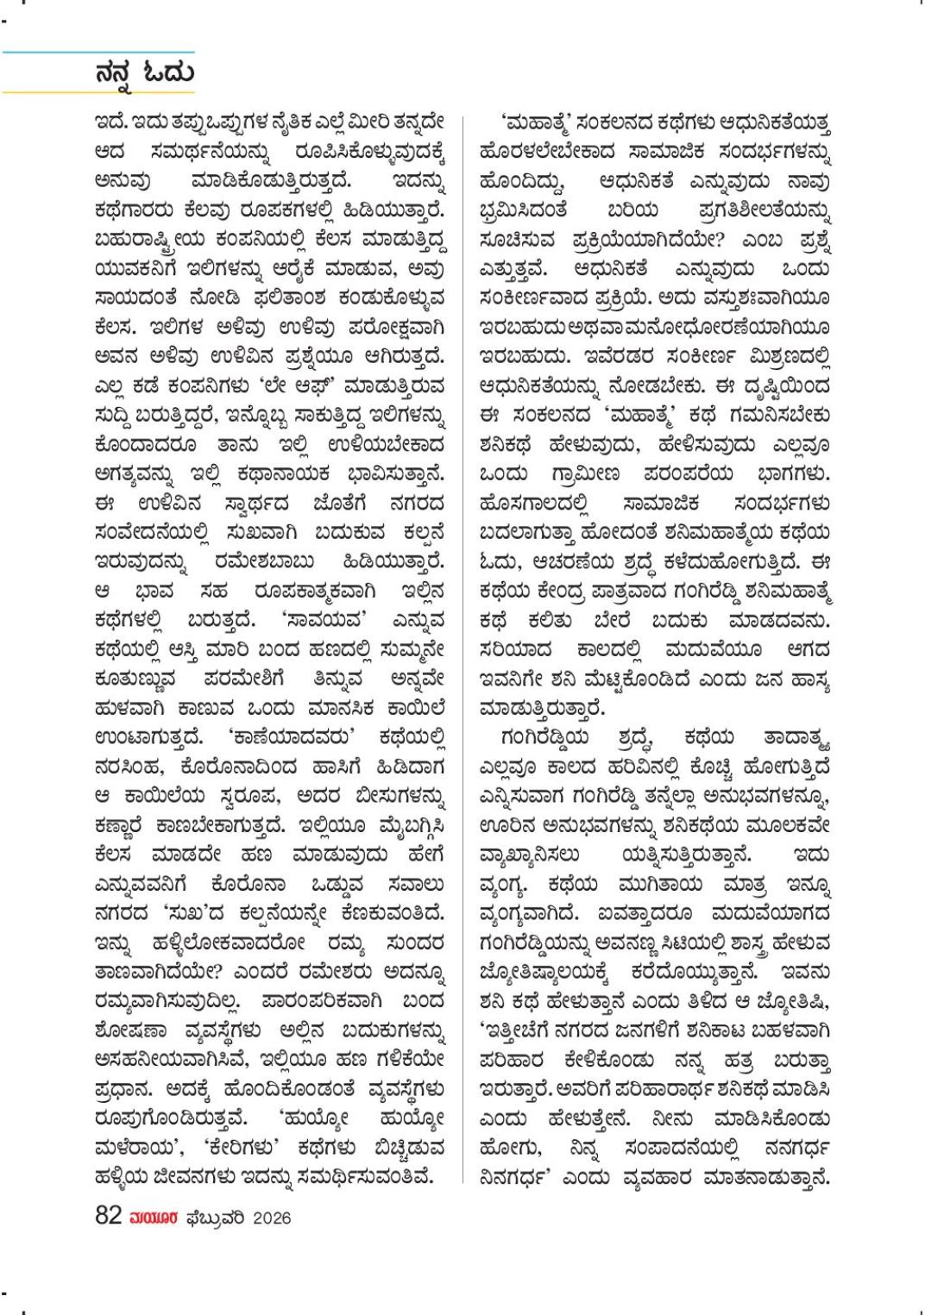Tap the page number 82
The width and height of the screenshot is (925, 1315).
tap(109, 1216)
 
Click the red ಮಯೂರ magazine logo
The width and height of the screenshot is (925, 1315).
tap(154, 1218)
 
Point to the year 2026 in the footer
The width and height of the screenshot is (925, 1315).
tap(272, 1218)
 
